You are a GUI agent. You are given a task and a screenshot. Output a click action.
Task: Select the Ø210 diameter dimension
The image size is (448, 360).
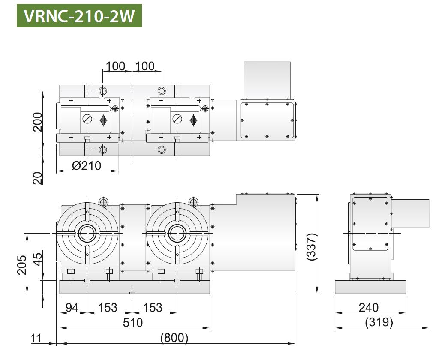(x=87, y=165)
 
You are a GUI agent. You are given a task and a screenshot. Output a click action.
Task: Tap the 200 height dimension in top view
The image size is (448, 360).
(x=37, y=122)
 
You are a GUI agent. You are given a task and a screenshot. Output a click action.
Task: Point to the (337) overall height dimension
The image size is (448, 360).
(x=311, y=246)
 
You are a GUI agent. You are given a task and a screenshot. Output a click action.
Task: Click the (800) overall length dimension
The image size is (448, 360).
(x=174, y=338)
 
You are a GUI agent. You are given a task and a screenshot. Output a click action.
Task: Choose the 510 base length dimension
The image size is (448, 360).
(x=133, y=322)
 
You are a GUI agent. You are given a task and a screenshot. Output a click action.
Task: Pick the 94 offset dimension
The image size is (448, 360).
(x=72, y=307)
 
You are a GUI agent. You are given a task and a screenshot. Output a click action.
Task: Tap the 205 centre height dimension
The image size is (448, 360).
(x=21, y=265)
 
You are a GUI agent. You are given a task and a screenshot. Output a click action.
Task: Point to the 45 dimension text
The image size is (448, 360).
(x=38, y=259)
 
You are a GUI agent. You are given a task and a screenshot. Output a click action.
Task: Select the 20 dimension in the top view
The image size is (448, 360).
(x=37, y=178)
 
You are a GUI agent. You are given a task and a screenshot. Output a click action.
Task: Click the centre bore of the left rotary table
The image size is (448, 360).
(x=87, y=233)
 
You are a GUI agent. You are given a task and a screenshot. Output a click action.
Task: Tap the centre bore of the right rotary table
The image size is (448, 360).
(x=177, y=233)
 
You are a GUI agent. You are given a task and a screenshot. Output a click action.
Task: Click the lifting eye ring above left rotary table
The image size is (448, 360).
(x=103, y=201)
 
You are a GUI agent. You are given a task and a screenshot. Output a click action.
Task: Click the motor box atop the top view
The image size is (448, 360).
(x=267, y=81)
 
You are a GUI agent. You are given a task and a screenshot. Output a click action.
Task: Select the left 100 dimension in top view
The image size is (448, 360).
(x=115, y=66)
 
